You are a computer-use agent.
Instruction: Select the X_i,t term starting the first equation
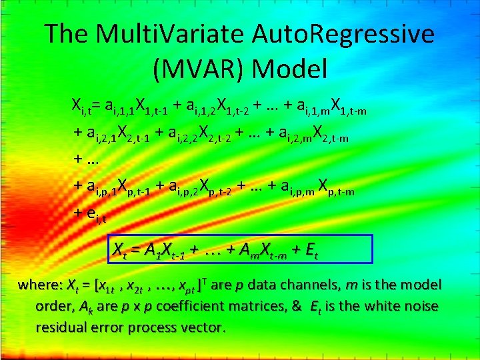click(82, 105)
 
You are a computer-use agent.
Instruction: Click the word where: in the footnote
click(41, 285)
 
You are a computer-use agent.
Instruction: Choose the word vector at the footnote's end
click(204, 328)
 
